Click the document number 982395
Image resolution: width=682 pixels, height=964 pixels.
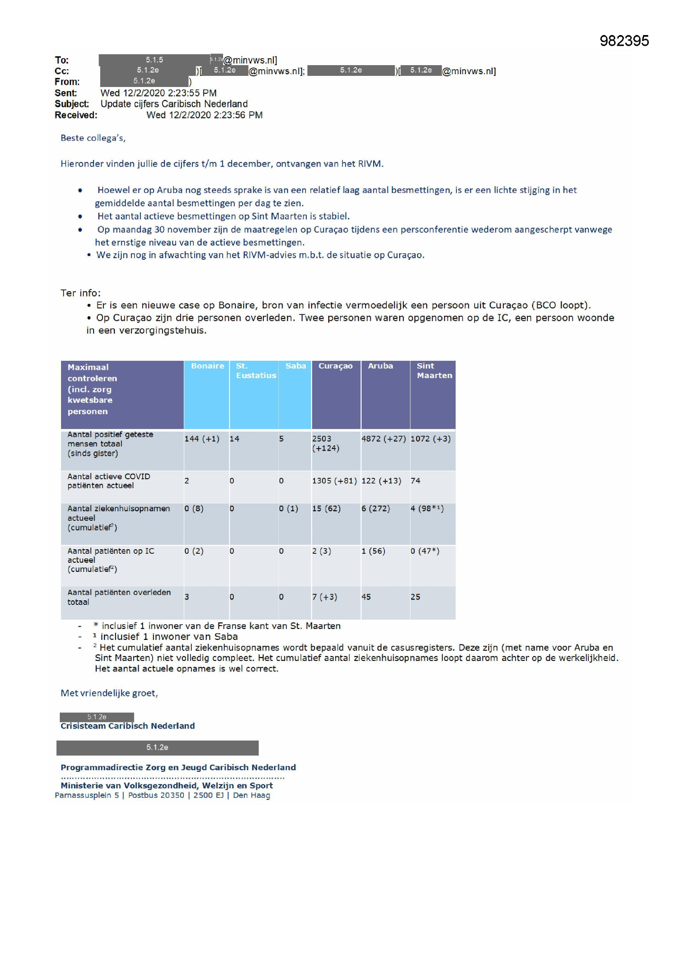point(623,41)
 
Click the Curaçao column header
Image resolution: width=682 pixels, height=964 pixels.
point(335,366)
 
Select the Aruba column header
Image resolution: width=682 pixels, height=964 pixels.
point(380,366)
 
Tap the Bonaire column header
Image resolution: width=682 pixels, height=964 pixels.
point(207,366)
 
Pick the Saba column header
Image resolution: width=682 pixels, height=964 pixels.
point(295,366)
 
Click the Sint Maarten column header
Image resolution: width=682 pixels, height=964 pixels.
point(434,371)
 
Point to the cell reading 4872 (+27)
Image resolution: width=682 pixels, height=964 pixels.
point(383,439)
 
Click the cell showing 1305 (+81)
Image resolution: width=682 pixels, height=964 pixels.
point(334,481)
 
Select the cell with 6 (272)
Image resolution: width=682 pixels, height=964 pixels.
point(376,508)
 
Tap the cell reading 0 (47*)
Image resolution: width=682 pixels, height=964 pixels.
point(425,551)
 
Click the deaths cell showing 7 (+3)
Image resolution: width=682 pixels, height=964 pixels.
point(325,597)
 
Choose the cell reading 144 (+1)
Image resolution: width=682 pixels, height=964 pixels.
point(202,439)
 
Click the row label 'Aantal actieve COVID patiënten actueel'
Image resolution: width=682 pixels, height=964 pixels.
point(108,481)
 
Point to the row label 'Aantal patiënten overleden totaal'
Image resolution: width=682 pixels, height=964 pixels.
point(119,597)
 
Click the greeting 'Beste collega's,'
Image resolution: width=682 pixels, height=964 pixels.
point(93,138)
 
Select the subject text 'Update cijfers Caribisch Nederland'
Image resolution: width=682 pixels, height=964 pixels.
point(174,104)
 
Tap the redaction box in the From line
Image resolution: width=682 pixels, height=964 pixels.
point(144,81)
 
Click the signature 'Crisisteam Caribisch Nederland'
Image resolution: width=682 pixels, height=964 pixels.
point(127,726)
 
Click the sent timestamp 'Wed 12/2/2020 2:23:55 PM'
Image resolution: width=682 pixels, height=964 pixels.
point(158,93)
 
